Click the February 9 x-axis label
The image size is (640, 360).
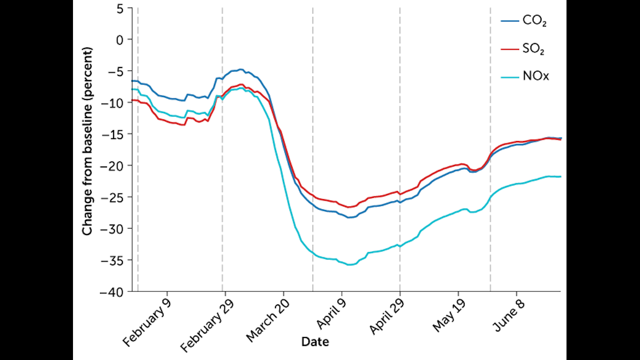[146, 322]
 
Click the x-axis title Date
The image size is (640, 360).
[315, 342]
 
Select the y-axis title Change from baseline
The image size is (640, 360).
[87, 141]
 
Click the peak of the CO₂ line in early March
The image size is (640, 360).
[240, 69]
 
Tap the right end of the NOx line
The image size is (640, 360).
[560, 176]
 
